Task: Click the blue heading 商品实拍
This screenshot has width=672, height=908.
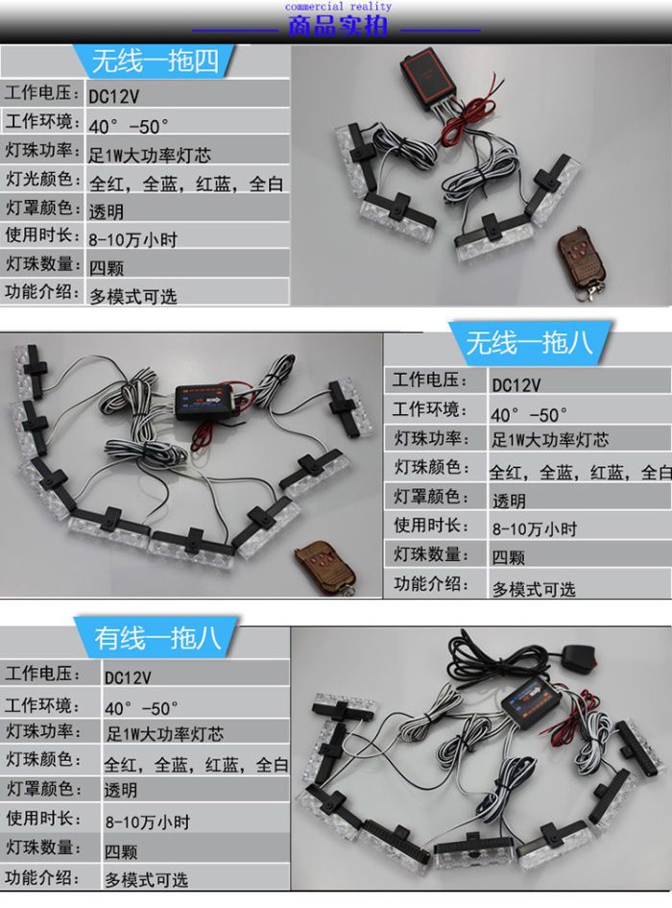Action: point(338,27)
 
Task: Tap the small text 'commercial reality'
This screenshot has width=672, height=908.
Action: point(338,7)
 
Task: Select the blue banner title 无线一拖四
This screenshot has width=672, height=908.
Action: point(156,61)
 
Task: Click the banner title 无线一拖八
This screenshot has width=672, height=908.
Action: point(530,343)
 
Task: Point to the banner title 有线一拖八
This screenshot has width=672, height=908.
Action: point(158,638)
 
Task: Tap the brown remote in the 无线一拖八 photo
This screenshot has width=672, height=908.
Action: point(324,568)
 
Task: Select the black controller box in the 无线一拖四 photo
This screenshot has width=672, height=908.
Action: point(428,78)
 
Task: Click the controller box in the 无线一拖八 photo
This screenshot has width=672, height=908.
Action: point(207,401)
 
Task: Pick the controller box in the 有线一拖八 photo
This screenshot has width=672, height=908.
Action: point(531,703)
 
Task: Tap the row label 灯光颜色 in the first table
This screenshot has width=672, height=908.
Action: point(39,179)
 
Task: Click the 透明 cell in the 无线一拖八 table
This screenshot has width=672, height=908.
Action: point(509,501)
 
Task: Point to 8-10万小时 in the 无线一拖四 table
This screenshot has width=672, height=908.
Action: point(133,239)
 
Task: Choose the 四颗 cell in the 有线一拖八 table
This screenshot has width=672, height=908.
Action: point(120,851)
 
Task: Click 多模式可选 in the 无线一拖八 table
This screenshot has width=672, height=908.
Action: point(534,589)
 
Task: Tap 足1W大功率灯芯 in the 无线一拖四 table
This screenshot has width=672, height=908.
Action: point(150,156)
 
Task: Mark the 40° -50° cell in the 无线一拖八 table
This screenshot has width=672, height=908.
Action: point(528,415)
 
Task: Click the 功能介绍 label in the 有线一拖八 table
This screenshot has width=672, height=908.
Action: point(43,876)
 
